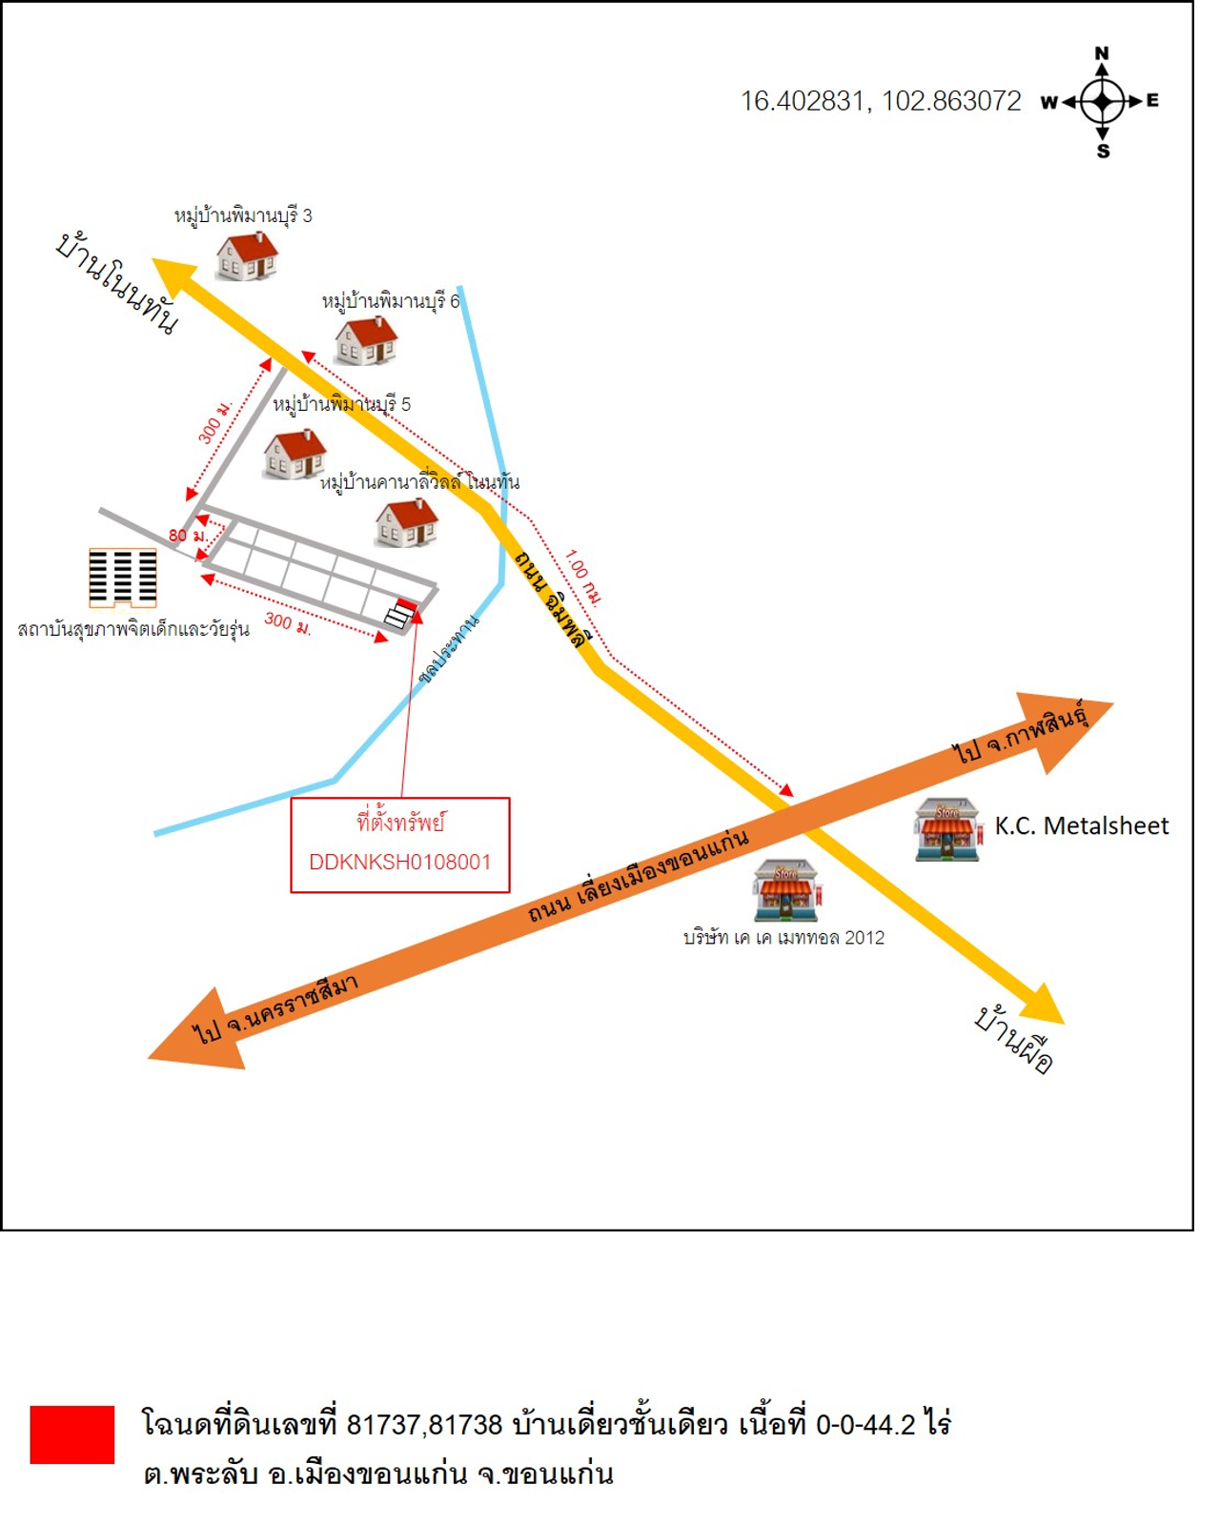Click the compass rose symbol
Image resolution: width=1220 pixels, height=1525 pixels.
1103,101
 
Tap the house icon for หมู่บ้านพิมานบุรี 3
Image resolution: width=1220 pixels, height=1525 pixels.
247,255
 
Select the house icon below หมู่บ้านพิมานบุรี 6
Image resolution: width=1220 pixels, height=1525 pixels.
366,340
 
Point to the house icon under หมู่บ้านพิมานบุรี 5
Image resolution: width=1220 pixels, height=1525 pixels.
295,454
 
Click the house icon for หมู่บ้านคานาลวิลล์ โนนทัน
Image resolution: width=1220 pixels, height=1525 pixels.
407,522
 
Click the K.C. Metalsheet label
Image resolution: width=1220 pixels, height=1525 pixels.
1081,825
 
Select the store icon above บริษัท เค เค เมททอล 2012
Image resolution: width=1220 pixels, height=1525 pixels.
785,890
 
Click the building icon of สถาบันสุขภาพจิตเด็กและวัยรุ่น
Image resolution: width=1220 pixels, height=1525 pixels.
123,578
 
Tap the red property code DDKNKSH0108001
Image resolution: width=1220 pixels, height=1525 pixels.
400,862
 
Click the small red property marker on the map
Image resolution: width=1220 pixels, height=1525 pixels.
407,604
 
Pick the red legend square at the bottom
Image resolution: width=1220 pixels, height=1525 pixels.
72,1433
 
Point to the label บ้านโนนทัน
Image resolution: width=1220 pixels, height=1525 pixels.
117,283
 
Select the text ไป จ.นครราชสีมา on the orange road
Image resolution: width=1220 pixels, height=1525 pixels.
275,1009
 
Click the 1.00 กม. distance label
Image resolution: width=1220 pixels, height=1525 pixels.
583,578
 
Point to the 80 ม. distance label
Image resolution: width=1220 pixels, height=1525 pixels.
188,536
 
